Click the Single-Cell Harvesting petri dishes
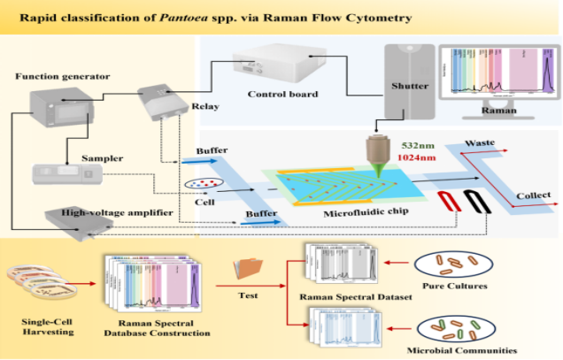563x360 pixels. coord(37,282)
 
